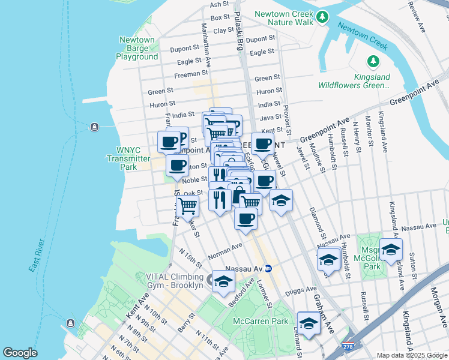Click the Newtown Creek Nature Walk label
(x=284, y=18)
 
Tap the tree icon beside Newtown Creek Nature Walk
(x=323, y=16)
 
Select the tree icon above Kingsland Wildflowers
(x=373, y=61)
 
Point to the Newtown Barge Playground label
(x=137, y=49)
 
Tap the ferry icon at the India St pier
(x=94, y=127)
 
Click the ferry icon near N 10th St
(x=70, y=324)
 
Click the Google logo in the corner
(x=20, y=353)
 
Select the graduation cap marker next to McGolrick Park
(x=391, y=249)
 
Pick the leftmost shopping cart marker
(x=188, y=205)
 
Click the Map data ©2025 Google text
(x=412, y=355)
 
